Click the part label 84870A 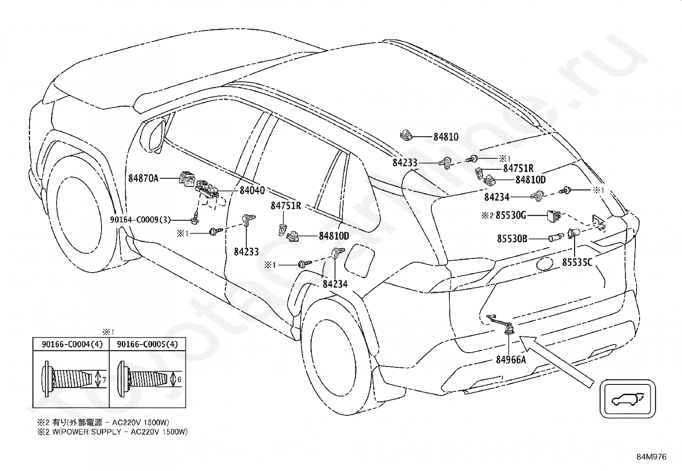(x=143, y=178)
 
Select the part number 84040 (x=252, y=190)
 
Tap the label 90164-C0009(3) (x=141, y=220)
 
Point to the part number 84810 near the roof (x=446, y=137)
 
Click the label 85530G (x=511, y=216)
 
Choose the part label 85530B (x=512, y=239)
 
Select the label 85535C (x=577, y=262)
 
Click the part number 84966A (x=511, y=360)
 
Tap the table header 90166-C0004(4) (x=72, y=344)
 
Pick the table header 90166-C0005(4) (x=147, y=344)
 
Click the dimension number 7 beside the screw (x=104, y=380)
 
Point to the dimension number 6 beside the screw (x=179, y=379)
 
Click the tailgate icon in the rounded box (x=628, y=399)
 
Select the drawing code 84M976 (x=651, y=457)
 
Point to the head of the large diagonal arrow (x=521, y=338)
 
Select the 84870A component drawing (x=187, y=179)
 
